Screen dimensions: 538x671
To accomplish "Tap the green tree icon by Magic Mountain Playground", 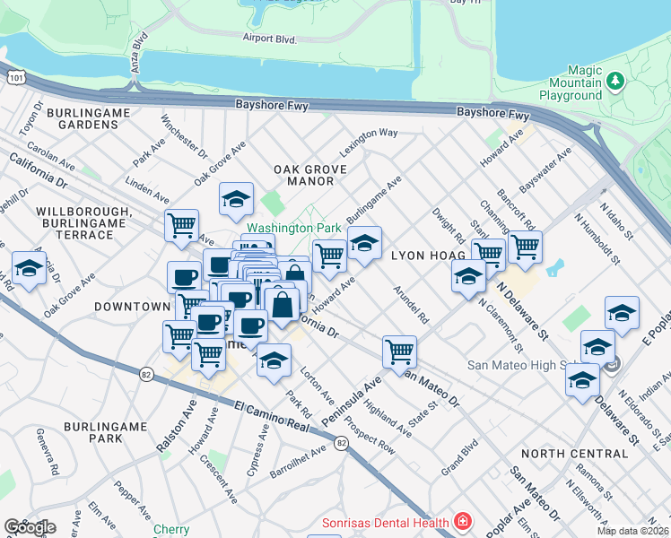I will (615, 82).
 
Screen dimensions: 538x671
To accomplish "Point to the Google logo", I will (29, 527).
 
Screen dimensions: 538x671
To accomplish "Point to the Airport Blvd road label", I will (269, 38).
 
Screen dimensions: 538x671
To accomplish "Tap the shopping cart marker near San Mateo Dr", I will (398, 350).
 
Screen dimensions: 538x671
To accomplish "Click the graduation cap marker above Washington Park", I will (236, 199).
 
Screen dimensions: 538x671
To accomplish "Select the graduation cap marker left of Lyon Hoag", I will (364, 242).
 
